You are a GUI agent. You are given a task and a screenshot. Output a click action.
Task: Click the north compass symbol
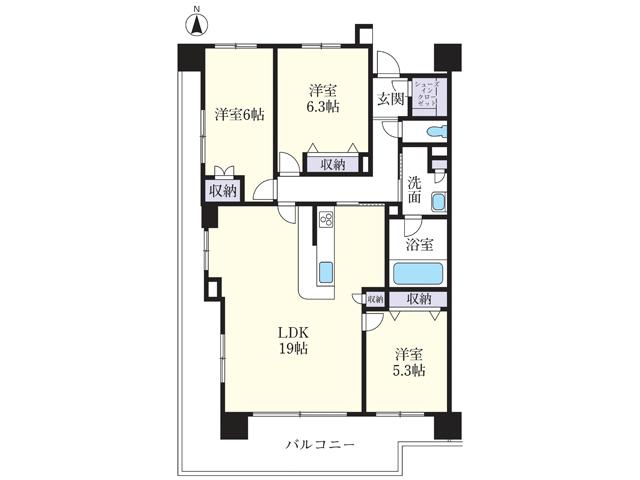[x=196, y=22]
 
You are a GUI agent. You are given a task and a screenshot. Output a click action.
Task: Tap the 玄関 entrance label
[x=391, y=99]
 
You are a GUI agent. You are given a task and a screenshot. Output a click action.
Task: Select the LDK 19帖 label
[x=293, y=341]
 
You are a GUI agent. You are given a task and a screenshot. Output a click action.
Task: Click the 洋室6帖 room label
[x=239, y=115]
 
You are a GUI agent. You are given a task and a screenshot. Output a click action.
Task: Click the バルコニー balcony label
[x=320, y=444]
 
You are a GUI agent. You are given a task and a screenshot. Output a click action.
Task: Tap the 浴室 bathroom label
[x=418, y=244]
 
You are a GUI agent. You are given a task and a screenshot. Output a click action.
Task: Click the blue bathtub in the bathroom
[x=418, y=272]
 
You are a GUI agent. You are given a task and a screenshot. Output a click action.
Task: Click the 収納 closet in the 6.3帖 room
[x=326, y=165]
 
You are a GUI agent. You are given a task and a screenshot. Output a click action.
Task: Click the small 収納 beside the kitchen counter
[x=374, y=299]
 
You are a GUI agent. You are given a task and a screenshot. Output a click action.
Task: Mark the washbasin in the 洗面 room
[x=437, y=203]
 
